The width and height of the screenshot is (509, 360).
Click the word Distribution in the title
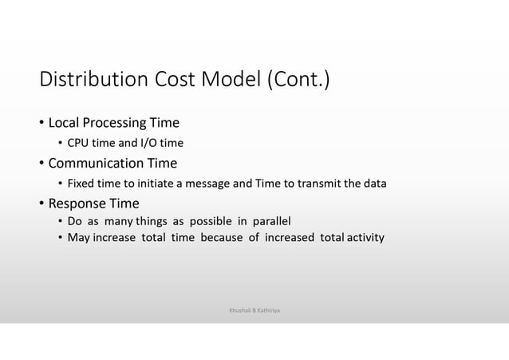pos(90,81)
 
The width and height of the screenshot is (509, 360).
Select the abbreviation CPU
pos(79,144)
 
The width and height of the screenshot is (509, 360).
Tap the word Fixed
pos(81,184)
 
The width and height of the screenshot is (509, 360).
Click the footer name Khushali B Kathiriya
pos(254,306)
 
